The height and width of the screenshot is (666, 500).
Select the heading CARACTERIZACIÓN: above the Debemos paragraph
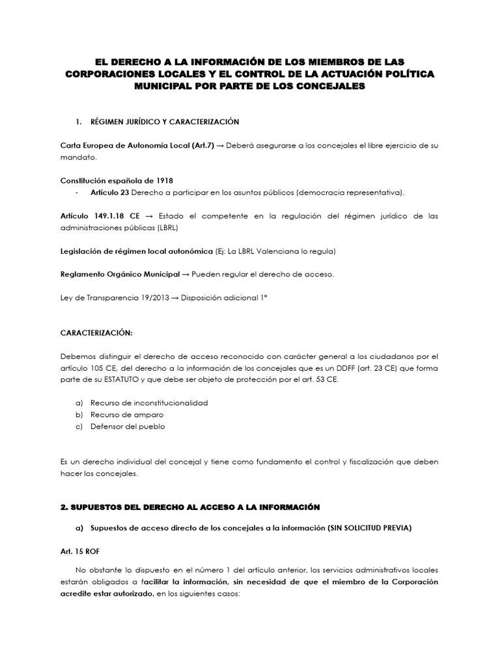coord(96,333)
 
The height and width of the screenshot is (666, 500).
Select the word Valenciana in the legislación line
coord(284,250)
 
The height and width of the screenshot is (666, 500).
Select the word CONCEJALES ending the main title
coord(318,85)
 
